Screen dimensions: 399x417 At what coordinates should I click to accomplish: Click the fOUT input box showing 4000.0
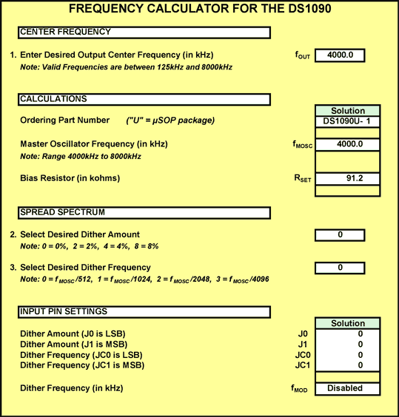(x=340, y=55)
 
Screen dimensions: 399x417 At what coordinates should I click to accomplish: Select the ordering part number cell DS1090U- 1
(x=347, y=121)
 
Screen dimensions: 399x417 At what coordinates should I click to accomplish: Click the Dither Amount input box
(x=340, y=235)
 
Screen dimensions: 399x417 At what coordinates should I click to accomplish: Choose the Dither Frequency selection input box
(x=340, y=268)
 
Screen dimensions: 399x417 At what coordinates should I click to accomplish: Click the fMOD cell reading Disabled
(x=347, y=389)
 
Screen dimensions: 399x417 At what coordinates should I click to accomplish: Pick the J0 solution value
(x=361, y=333)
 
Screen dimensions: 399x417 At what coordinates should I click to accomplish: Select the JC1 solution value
(x=361, y=365)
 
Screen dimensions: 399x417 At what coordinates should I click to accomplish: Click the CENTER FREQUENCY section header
(x=144, y=33)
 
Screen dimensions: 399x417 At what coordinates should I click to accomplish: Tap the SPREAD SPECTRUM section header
(x=144, y=213)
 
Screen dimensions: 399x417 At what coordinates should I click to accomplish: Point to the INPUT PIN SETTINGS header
(x=144, y=312)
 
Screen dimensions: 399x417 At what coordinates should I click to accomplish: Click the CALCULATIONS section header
(x=144, y=100)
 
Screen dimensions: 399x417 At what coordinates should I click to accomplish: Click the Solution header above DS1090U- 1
(x=348, y=111)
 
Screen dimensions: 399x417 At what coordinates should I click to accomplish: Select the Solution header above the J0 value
(x=348, y=323)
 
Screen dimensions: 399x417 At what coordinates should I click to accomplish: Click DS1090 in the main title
(x=309, y=9)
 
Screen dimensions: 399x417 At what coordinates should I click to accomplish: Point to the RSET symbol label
(x=303, y=178)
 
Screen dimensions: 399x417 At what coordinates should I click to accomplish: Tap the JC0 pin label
(x=303, y=355)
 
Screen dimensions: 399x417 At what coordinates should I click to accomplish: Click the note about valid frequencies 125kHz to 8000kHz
(x=127, y=67)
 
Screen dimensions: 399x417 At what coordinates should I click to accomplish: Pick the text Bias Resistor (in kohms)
(x=70, y=178)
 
